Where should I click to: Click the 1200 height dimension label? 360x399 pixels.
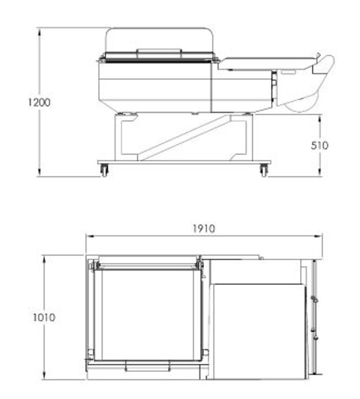click(x=39, y=103)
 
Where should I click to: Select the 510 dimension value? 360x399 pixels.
click(x=320, y=145)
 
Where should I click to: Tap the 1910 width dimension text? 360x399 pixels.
click(x=203, y=229)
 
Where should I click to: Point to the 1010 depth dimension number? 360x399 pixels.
click(x=44, y=317)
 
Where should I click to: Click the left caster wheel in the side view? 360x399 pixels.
click(x=104, y=170)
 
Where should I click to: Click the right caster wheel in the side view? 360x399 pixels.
click(x=264, y=170)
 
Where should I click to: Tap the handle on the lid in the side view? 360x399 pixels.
click(x=159, y=51)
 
